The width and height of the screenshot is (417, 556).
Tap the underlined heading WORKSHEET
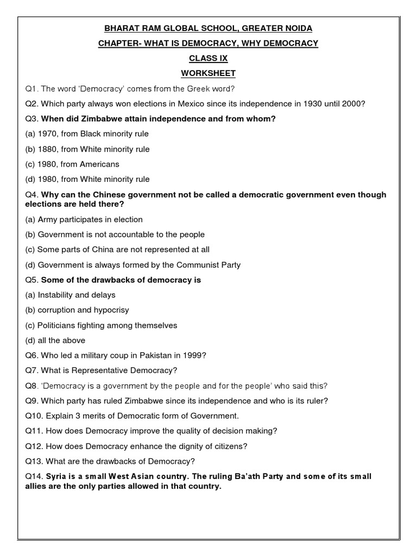pyautogui.click(x=208, y=73)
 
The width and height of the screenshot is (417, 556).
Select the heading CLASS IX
pyautogui.click(x=208, y=58)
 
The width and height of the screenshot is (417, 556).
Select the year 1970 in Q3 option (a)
pyautogui.click(x=48, y=134)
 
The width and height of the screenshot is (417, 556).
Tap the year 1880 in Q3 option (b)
pyautogui.click(x=48, y=149)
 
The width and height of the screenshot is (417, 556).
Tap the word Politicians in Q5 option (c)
pyautogui.click(x=57, y=325)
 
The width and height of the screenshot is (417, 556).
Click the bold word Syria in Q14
pyautogui.click(x=56, y=476)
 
